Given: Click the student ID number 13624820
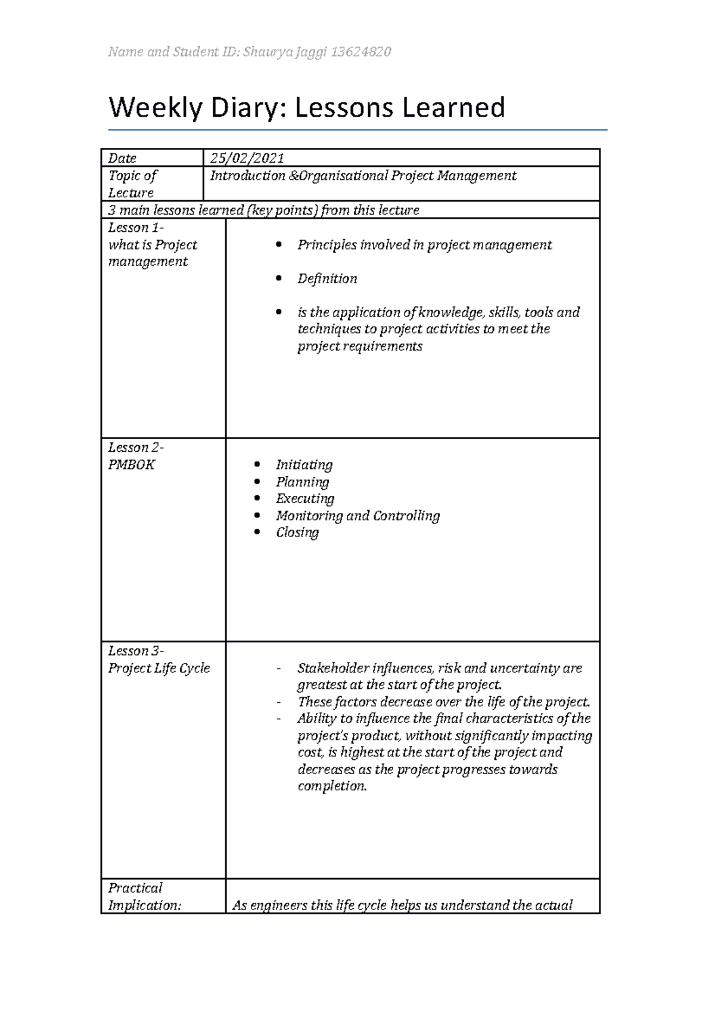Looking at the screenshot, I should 361,52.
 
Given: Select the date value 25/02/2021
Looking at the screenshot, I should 247,158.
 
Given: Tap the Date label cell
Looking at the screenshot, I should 122,158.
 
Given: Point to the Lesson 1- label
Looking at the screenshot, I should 136,228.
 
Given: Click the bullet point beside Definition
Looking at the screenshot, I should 278,278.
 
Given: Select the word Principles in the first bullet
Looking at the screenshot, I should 327,245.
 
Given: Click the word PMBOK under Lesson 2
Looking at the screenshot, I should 131,465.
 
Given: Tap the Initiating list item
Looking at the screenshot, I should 304,465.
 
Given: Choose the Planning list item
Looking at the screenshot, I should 302,482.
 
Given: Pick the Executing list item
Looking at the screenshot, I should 304,498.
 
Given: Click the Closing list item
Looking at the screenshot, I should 297,532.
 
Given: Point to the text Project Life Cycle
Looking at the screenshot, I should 158,668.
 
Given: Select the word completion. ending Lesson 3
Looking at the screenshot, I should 332,786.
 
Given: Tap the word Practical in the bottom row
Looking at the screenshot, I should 135,888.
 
